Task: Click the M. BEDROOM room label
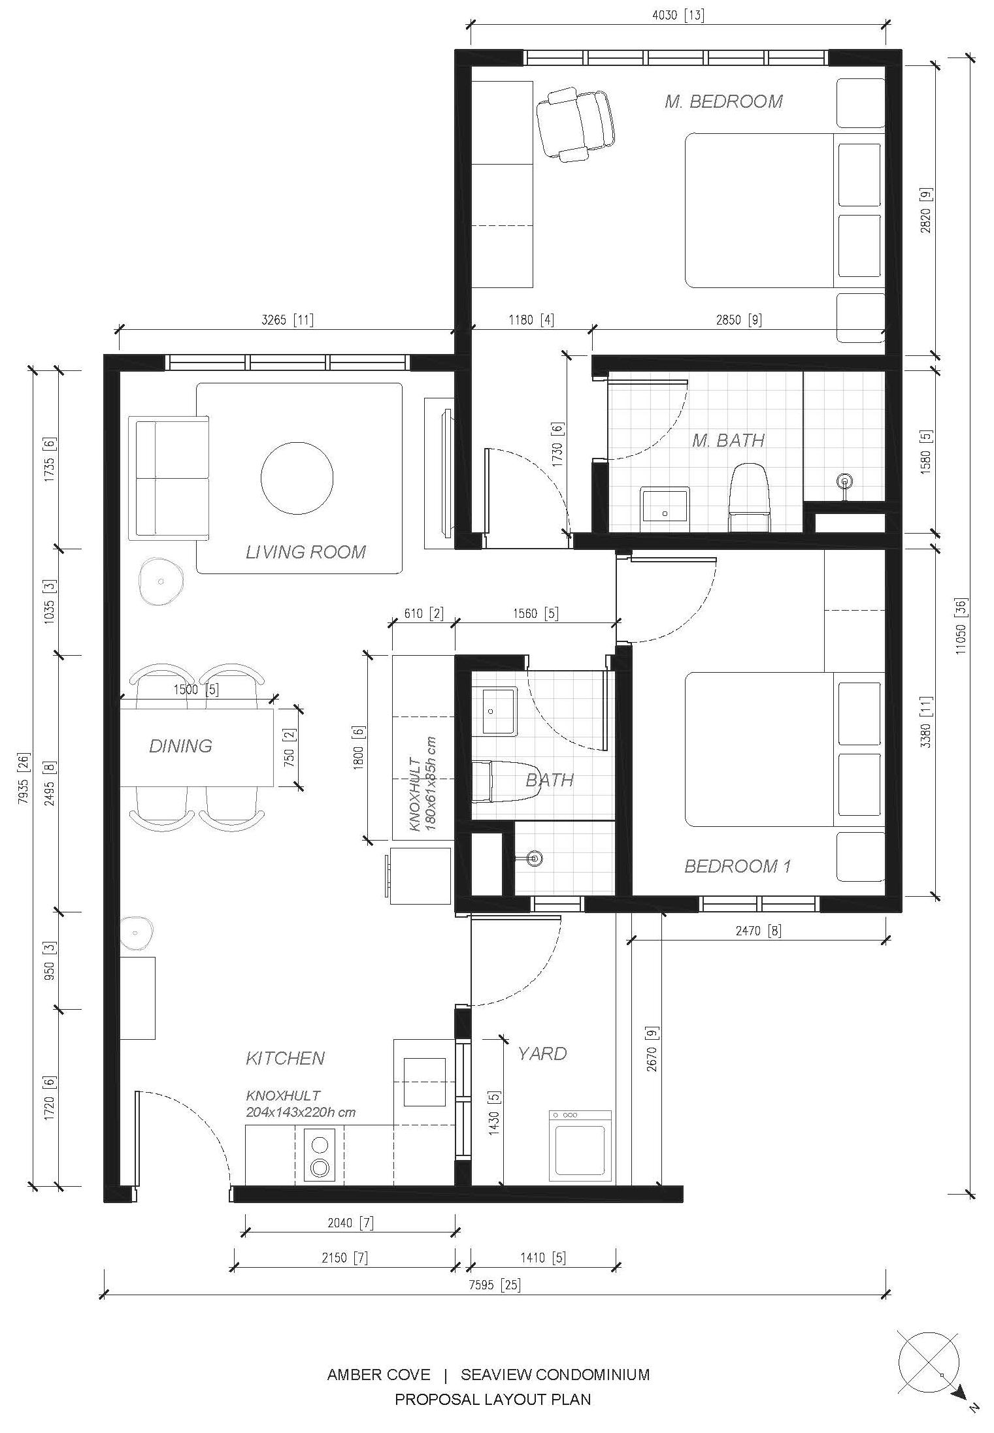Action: [723, 101]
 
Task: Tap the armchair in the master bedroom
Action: [576, 124]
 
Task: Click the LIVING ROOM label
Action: [305, 552]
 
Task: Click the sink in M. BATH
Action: [665, 504]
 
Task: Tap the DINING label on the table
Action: [180, 746]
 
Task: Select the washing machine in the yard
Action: [580, 1146]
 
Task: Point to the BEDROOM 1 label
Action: [738, 866]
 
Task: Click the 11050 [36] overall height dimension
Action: [961, 626]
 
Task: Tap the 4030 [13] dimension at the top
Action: [678, 15]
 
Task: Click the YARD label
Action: [542, 1054]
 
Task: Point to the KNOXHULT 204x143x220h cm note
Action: [301, 1104]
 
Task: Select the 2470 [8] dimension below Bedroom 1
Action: [758, 930]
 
